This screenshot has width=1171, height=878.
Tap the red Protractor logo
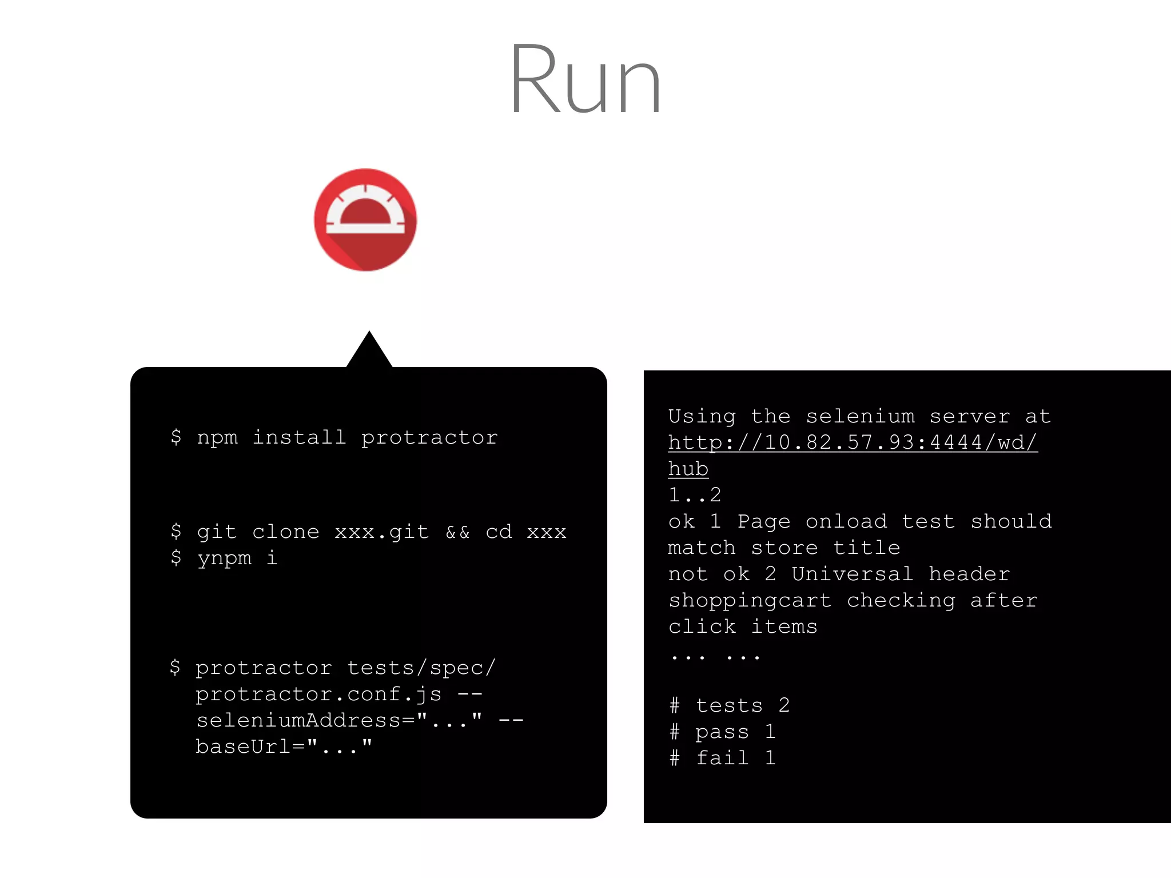coord(365,219)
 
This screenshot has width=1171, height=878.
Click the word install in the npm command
coord(299,438)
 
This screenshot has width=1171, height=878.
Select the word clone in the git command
coord(285,532)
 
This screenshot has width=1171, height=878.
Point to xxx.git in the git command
coord(381,532)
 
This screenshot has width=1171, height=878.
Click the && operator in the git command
coord(457,532)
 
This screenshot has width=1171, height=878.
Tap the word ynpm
coord(224,558)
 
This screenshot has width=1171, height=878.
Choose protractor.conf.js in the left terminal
coord(318,694)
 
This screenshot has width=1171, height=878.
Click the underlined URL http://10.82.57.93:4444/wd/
coord(853,442)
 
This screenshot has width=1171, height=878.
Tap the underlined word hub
coord(688,469)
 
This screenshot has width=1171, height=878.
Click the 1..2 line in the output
coord(695,495)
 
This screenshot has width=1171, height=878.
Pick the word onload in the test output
coord(846,521)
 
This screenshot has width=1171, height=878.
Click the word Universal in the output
coord(853,574)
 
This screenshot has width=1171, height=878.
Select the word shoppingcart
coord(750,600)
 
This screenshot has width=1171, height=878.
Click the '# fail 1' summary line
coord(722,758)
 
